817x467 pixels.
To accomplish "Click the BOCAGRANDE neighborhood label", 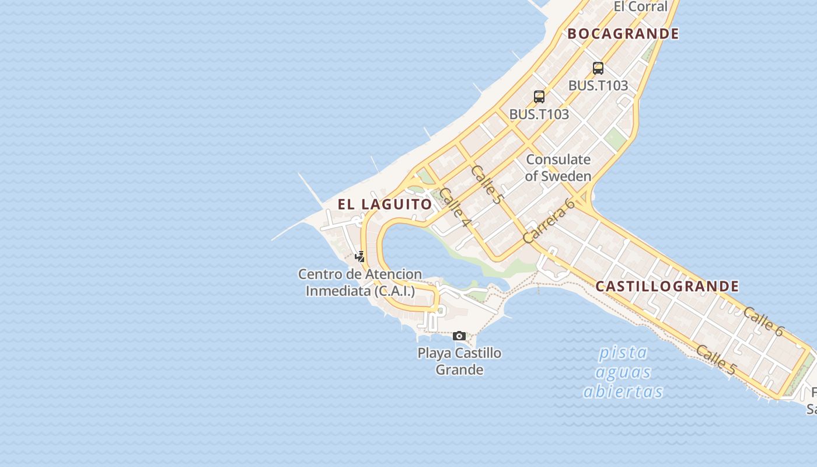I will pyautogui.click(x=623, y=34).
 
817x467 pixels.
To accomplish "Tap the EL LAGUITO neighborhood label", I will pyautogui.click(x=385, y=204).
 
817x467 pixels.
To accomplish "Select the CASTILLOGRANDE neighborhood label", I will pyautogui.click(x=667, y=287).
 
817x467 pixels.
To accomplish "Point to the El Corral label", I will pyautogui.click(x=640, y=7).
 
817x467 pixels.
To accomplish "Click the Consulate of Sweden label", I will pyautogui.click(x=558, y=168).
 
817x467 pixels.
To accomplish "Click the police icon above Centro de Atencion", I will pyautogui.click(x=360, y=256).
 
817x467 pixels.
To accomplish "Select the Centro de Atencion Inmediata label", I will pyautogui.click(x=360, y=283).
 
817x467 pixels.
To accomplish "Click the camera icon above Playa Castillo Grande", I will pyautogui.click(x=459, y=336).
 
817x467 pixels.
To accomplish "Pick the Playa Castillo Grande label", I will pyautogui.click(x=459, y=361).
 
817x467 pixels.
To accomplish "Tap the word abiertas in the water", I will pyautogui.click(x=623, y=391).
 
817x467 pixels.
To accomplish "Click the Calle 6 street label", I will pyautogui.click(x=763, y=321).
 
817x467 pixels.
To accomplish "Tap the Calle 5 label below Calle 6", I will pyautogui.click(x=716, y=360).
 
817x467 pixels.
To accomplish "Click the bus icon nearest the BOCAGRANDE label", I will pyautogui.click(x=598, y=68).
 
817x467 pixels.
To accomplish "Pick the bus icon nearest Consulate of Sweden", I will pyautogui.click(x=539, y=96).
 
